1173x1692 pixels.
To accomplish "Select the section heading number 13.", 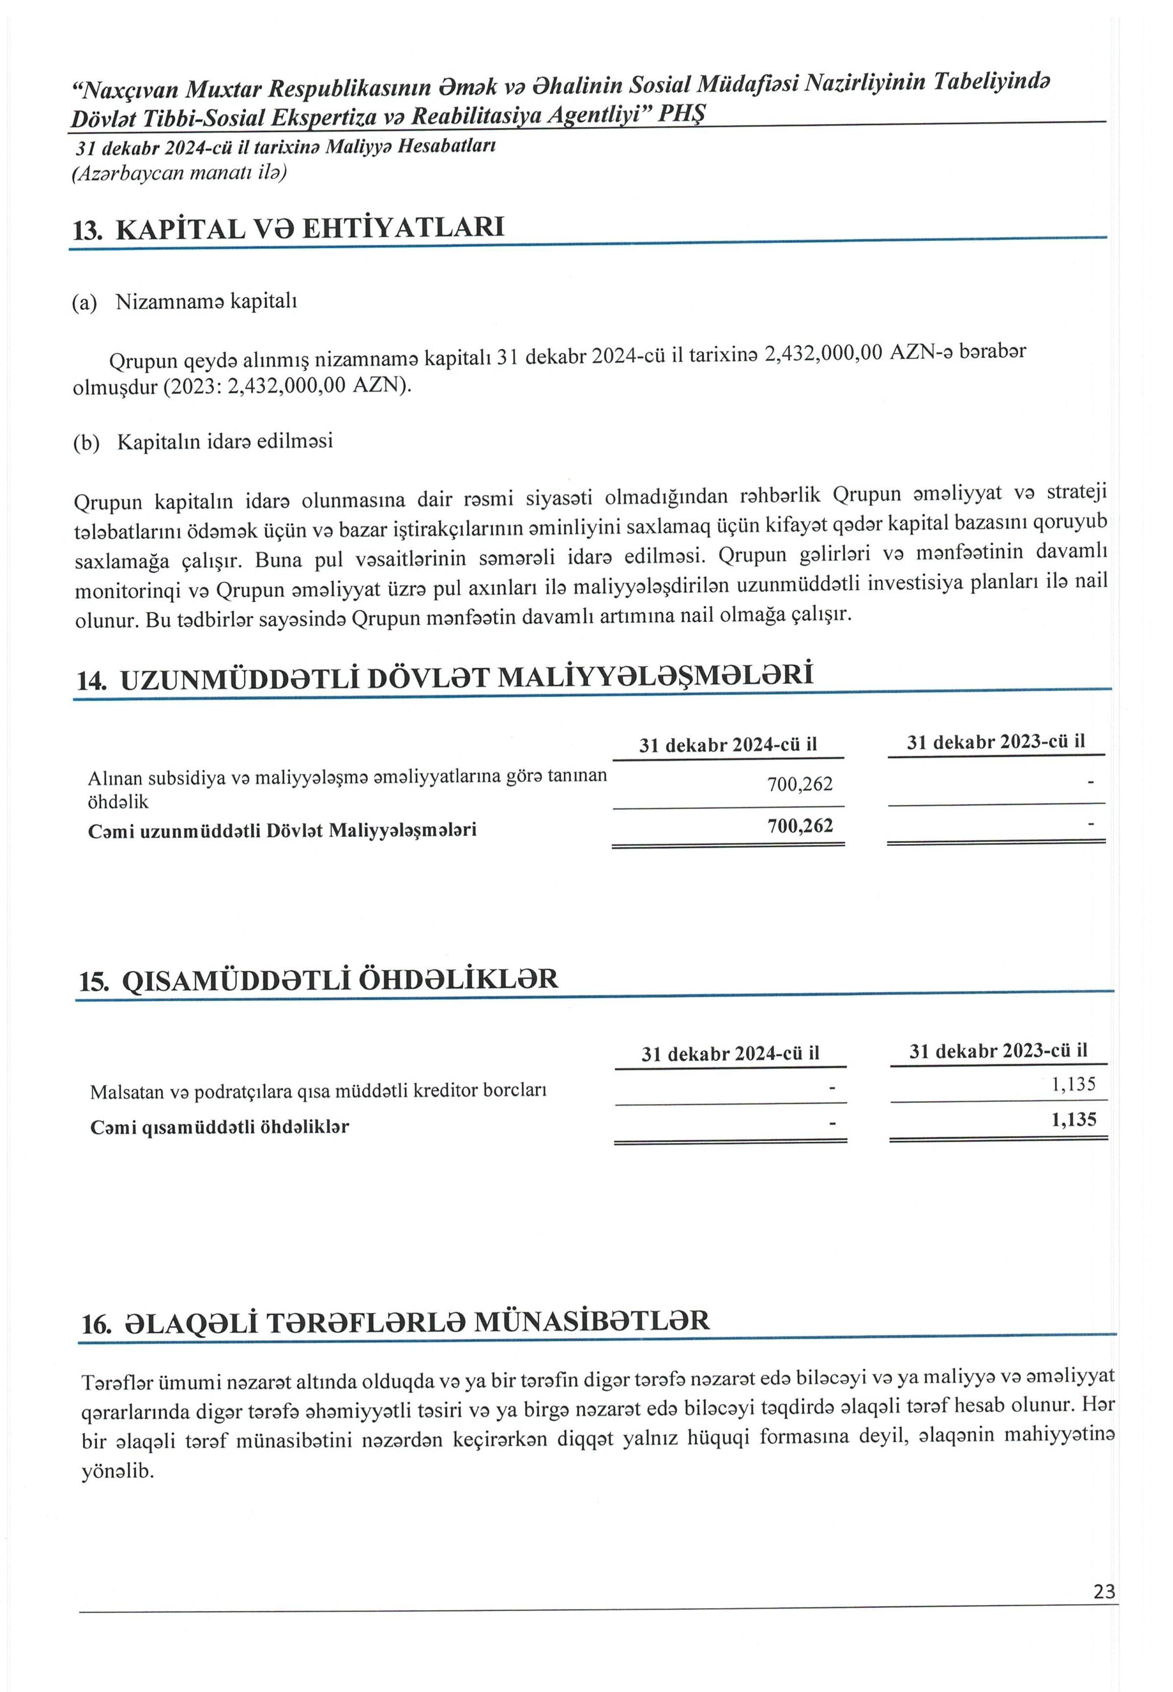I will click(87, 231).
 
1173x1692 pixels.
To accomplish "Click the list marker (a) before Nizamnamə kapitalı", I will click(84, 303).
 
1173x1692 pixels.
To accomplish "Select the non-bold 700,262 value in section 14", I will click(800, 784).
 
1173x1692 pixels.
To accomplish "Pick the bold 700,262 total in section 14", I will click(800, 825).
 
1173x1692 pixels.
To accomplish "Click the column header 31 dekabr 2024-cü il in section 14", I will click(728, 745).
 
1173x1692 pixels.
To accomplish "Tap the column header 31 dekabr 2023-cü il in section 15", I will click(998, 1051).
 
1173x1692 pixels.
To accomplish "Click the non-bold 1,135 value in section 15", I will click(1074, 1084).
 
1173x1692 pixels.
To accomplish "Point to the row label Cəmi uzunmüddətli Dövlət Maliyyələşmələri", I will click(282, 830).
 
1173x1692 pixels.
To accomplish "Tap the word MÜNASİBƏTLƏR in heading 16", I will click(592, 1322).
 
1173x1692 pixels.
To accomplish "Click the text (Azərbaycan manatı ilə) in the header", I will click(179, 173).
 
